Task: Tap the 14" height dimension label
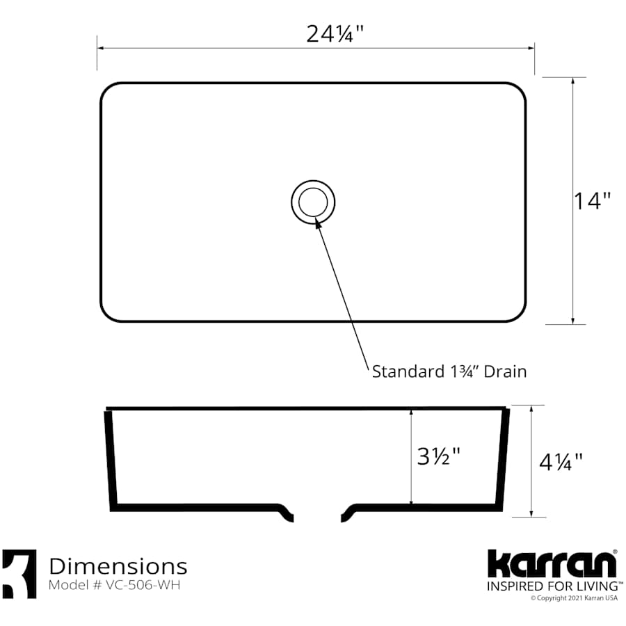point(592,201)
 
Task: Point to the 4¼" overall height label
point(561,460)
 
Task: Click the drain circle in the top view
point(313,202)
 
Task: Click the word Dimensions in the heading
point(118,565)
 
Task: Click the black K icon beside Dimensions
point(19,574)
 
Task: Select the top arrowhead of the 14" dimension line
point(572,79)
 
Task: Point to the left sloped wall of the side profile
point(110,459)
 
